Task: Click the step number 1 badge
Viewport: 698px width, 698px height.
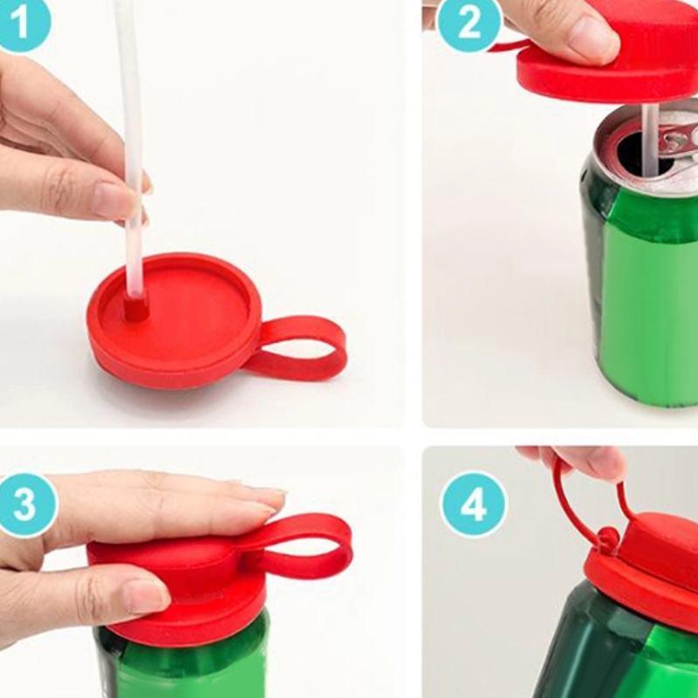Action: pyautogui.click(x=23, y=23)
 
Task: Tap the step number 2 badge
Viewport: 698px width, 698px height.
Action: pyautogui.click(x=469, y=24)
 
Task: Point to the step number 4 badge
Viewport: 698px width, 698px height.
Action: pyautogui.click(x=473, y=505)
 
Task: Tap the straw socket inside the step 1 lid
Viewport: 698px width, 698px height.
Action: pyautogui.click(x=136, y=306)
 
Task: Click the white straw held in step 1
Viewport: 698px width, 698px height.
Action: pyautogui.click(x=132, y=147)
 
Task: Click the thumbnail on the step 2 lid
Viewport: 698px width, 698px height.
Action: pyautogui.click(x=595, y=37)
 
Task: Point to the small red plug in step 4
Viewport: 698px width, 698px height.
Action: pyautogui.click(x=607, y=537)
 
